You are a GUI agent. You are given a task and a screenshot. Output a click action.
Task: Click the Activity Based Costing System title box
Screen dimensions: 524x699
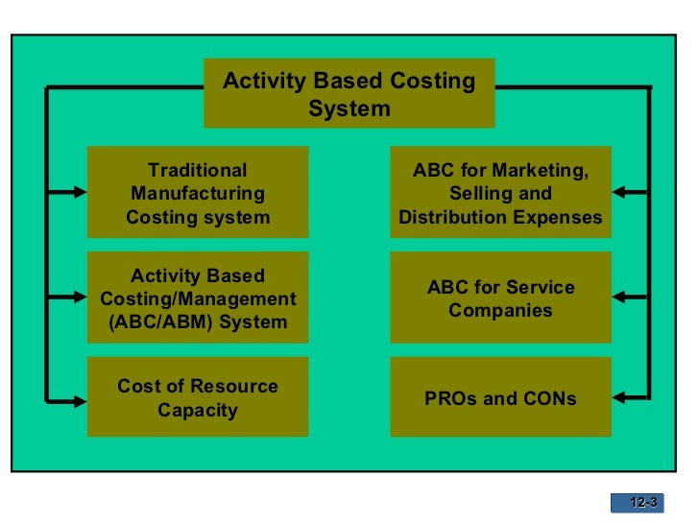(x=349, y=93)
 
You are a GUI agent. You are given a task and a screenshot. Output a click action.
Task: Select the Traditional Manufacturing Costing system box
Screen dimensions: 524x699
(x=198, y=193)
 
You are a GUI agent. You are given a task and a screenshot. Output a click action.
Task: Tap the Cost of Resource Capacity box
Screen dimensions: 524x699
(x=198, y=397)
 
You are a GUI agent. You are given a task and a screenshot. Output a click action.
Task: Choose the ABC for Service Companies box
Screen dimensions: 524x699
(x=500, y=298)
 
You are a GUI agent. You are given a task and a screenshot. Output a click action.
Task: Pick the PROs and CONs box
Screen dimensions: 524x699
(x=500, y=397)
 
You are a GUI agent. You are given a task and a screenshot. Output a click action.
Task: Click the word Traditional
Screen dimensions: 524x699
(x=198, y=170)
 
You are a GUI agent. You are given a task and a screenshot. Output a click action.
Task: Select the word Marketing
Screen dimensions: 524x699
(x=542, y=170)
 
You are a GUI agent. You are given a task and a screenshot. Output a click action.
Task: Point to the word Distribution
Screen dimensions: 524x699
(x=448, y=217)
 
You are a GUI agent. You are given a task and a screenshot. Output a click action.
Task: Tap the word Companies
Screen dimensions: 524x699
(x=500, y=311)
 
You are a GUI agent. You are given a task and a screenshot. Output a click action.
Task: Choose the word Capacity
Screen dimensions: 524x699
(x=198, y=411)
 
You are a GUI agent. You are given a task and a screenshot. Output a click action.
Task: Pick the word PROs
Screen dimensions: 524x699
(x=449, y=397)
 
